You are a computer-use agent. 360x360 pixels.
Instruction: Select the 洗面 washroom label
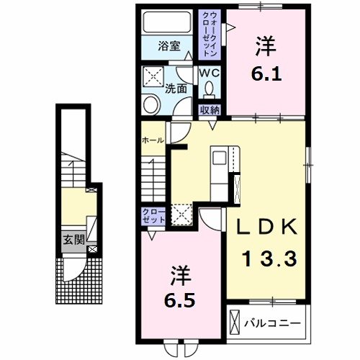(177, 90)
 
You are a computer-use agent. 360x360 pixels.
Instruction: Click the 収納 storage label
(210, 109)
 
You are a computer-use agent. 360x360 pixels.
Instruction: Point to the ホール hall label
(153, 140)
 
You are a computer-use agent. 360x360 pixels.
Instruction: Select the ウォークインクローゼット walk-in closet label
(210, 34)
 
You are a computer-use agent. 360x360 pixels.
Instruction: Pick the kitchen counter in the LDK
(219, 173)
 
